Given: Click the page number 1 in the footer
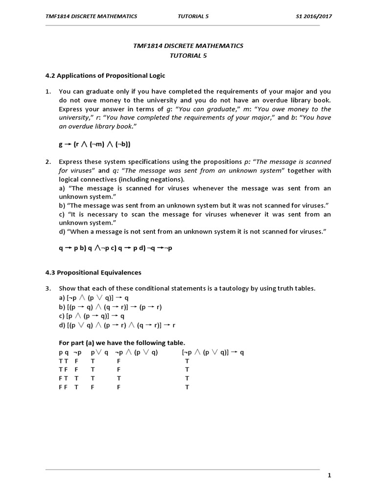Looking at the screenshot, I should pyautogui.click(x=329, y=475).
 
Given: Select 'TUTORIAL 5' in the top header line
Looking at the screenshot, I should pyautogui.click(x=193, y=16).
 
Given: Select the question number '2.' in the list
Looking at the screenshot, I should pyautogui.click(x=48, y=162).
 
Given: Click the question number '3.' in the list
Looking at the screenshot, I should pyautogui.click(x=48, y=289).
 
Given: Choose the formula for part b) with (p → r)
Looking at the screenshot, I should pyautogui.click(x=110, y=307).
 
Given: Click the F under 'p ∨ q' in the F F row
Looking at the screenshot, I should pyautogui.click(x=93, y=387).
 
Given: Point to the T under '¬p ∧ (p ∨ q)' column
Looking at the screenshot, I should pyautogui.click(x=118, y=379).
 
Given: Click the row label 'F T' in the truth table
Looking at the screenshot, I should pyautogui.click(x=62, y=379).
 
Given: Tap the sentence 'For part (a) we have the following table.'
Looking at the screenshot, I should pyautogui.click(x=122, y=343).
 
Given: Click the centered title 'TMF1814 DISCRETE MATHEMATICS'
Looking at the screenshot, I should pyautogui.click(x=188, y=46).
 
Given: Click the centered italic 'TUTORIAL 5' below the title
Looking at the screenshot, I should pyautogui.click(x=188, y=55).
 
